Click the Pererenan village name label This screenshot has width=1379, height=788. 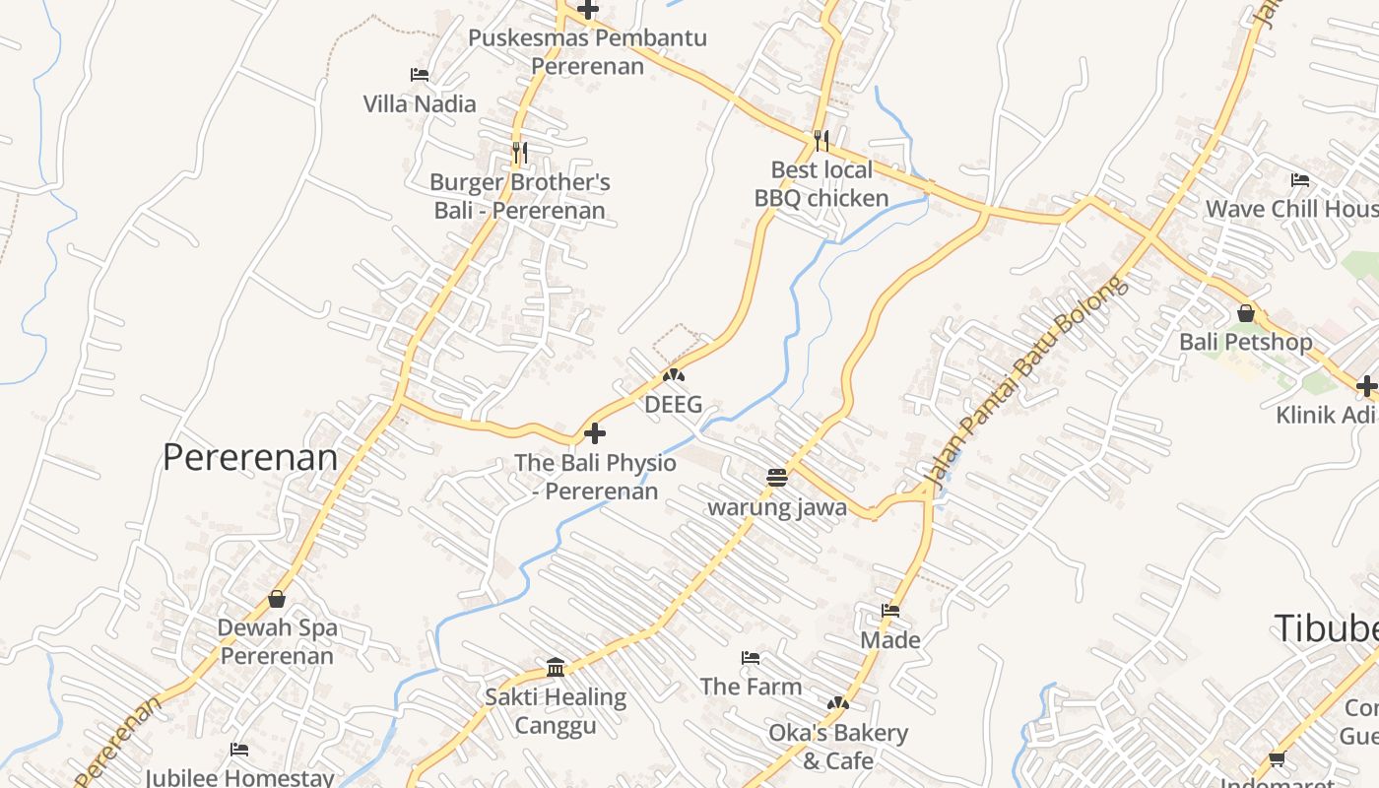[249, 457]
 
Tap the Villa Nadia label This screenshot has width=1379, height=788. [419, 103]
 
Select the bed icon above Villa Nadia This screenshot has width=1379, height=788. [419, 75]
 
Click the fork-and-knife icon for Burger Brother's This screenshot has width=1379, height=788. [520, 153]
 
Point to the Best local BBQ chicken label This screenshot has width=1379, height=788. [821, 184]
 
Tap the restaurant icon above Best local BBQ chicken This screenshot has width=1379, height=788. [821, 141]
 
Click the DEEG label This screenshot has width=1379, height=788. [674, 404]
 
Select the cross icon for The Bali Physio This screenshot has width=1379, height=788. [595, 433]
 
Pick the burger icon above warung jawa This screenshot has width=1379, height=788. [777, 478]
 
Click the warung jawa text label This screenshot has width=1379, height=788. [777, 507]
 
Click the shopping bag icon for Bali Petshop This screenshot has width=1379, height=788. [1246, 314]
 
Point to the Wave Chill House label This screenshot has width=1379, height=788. [1291, 209]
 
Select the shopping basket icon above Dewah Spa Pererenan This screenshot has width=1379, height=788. [277, 599]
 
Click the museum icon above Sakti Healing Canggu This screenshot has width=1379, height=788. [556, 668]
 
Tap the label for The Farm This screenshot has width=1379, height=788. [751, 686]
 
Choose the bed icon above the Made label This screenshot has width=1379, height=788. [890, 611]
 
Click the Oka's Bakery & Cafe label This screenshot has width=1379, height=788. [837, 747]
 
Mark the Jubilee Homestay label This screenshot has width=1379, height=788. [239, 777]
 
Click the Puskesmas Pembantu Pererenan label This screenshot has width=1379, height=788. [587, 52]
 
